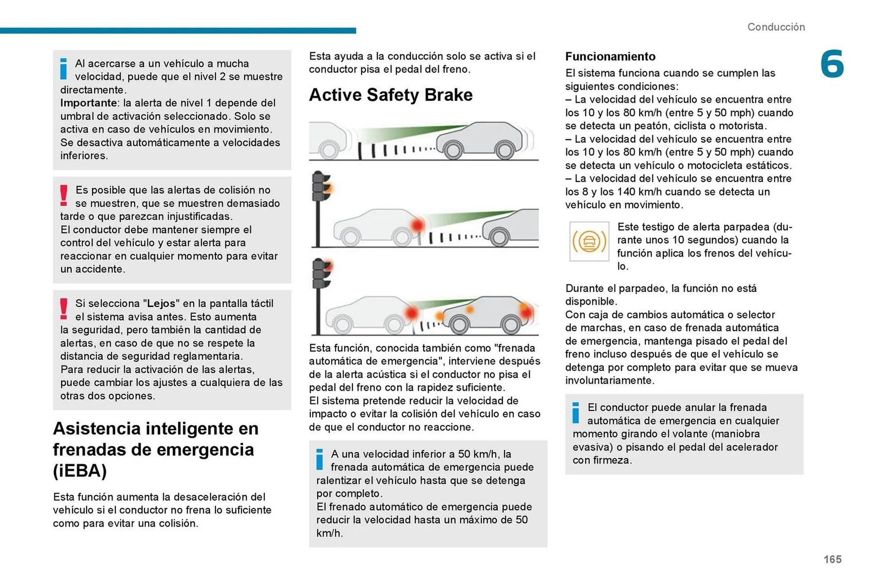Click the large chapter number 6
coord(832,64)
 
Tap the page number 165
coord(832,559)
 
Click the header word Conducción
coord(776,27)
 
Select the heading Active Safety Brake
coord(391,95)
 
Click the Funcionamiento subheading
coord(610,56)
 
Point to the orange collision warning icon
coord(589,241)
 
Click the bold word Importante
coord(88,103)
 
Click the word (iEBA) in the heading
coord(80,471)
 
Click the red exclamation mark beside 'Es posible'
coord(64,195)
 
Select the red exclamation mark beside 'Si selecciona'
coord(64,309)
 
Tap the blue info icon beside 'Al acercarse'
coord(64,69)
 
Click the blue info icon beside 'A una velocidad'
coord(319,459)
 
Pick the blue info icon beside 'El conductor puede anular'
coord(576,413)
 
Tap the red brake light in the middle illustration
coord(417,225)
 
